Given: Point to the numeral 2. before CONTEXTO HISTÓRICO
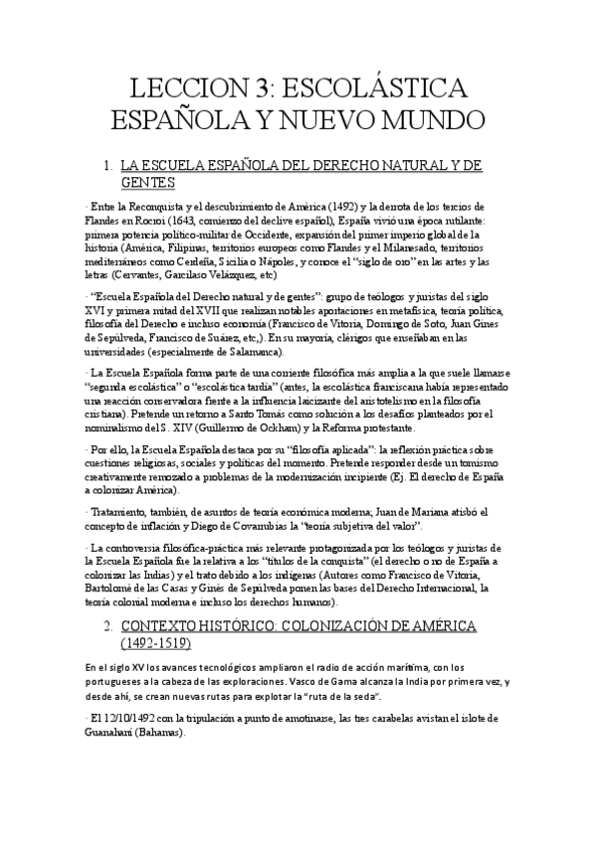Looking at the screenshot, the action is (x=108, y=628).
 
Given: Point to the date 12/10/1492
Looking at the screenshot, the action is (x=128, y=719).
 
